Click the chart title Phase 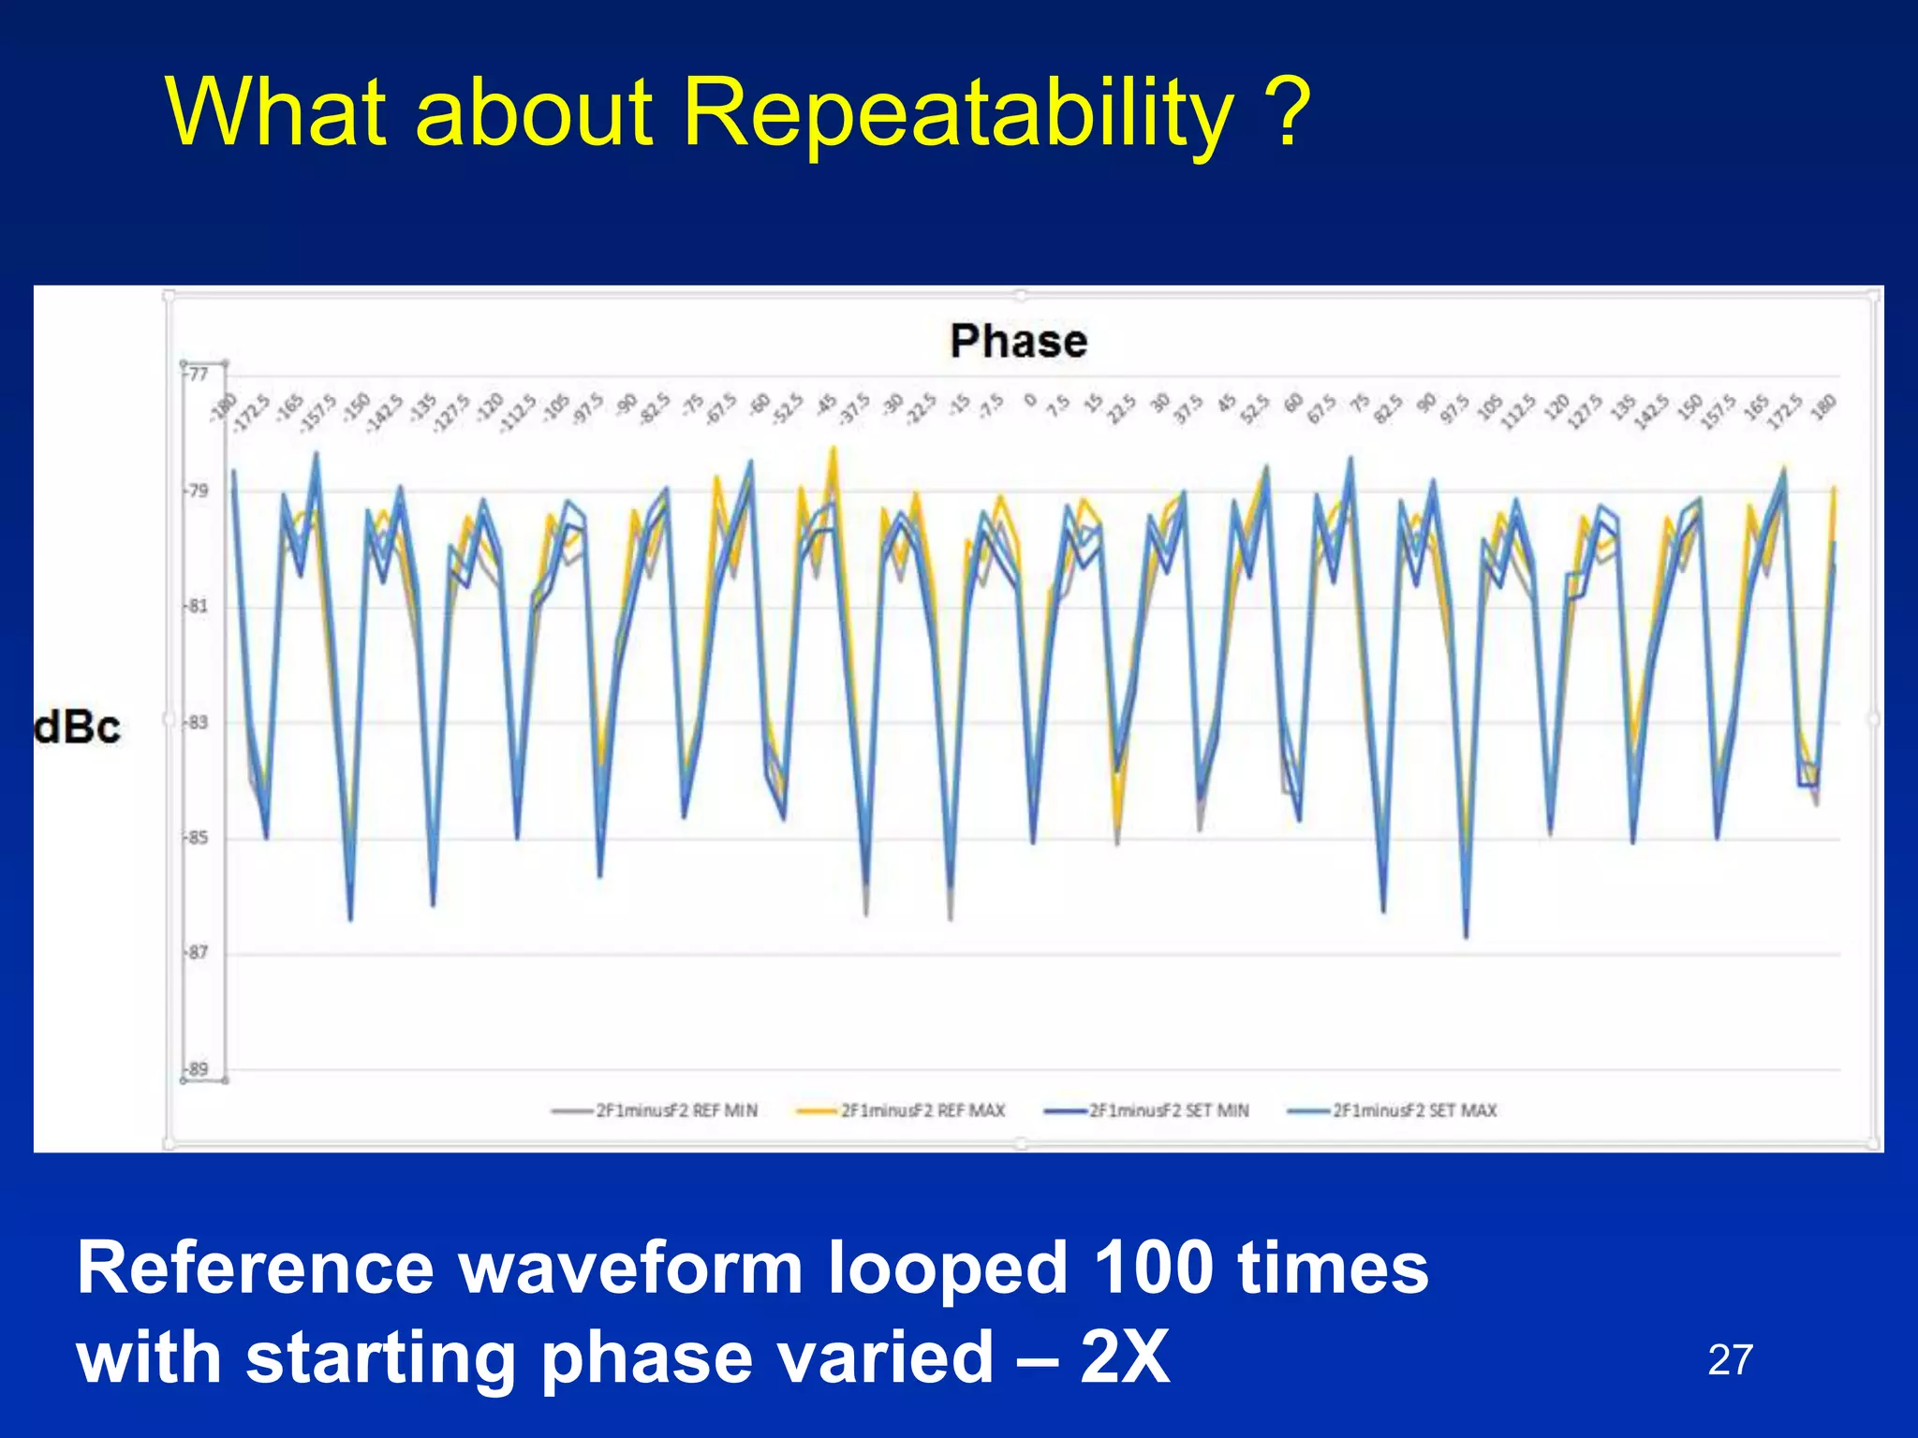(x=1018, y=341)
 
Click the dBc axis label (x=78, y=728)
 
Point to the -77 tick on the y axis (x=198, y=374)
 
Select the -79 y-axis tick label (x=198, y=491)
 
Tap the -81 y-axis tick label (x=198, y=606)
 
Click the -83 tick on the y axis (x=198, y=722)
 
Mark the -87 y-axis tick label (x=198, y=952)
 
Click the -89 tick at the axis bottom (x=198, y=1068)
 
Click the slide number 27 (x=1730, y=1360)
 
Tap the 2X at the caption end (x=1124, y=1357)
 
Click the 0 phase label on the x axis (x=1030, y=400)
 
